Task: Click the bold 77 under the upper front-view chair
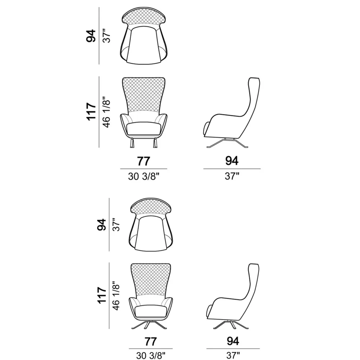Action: tap(144, 161)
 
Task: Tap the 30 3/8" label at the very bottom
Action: tap(151, 355)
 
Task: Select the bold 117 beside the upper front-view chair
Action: tap(91, 112)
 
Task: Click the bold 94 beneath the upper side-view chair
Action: tap(231, 161)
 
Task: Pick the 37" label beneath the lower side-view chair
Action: tap(233, 355)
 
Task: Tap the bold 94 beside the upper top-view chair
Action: tap(91, 36)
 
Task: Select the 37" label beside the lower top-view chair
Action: tap(116, 225)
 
